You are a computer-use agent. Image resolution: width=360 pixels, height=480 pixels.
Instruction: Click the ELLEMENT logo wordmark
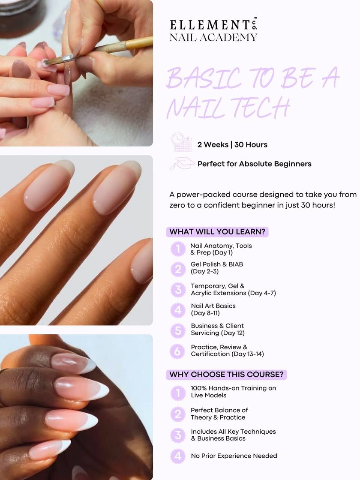213,25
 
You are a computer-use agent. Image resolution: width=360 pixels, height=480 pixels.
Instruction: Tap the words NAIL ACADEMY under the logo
213,37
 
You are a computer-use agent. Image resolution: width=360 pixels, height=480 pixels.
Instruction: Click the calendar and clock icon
182,142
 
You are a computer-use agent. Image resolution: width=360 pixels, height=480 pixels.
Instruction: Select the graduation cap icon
183,163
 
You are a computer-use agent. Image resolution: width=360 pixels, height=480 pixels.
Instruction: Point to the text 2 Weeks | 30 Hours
232,144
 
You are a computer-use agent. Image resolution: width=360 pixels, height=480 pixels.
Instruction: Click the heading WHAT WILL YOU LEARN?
217,232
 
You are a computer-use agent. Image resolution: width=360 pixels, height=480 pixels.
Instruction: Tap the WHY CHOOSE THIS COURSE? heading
227,375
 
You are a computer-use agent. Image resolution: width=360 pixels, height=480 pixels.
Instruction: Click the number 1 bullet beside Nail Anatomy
178,249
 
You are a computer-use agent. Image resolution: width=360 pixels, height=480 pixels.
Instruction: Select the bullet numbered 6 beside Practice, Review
177,351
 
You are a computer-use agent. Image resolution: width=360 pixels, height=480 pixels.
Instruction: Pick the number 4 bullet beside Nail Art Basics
178,310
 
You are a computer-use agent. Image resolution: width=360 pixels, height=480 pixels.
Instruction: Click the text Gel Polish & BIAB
217,264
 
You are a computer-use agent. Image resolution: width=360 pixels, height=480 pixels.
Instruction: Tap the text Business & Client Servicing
218,330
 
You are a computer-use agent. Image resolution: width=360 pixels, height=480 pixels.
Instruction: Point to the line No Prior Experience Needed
234,456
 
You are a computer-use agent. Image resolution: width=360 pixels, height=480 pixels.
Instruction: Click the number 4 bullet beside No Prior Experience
178,456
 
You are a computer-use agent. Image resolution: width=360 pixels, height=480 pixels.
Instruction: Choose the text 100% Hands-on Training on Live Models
233,392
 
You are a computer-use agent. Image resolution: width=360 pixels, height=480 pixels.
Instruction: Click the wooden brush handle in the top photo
139,43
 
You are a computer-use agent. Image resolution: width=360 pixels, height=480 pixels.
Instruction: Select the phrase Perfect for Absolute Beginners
255,164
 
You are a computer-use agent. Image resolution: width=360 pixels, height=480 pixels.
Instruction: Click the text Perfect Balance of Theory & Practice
219,414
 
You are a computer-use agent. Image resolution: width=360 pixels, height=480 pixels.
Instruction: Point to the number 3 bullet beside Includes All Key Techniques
178,435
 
